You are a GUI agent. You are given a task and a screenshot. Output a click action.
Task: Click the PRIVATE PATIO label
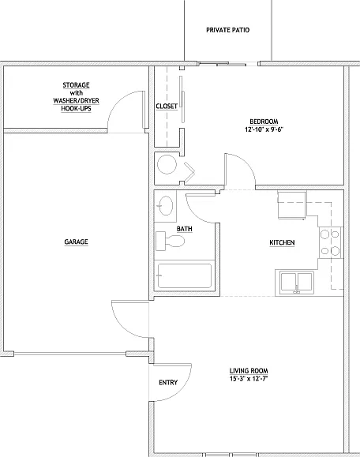pyautogui.click(x=227, y=30)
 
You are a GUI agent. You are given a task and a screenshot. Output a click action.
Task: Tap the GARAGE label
pyautogui.click(x=76, y=242)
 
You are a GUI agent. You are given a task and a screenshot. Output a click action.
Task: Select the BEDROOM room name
pyautogui.click(x=264, y=122)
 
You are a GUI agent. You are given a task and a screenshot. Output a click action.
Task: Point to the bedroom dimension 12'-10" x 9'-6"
pyautogui.click(x=264, y=129)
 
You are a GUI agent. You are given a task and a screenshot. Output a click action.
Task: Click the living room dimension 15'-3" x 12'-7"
pyautogui.click(x=249, y=379)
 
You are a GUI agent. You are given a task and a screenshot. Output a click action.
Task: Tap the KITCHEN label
pyautogui.click(x=282, y=242)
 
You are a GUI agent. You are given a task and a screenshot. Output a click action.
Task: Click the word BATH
pyautogui.click(x=184, y=229)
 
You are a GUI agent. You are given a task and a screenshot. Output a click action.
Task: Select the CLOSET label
pyautogui.click(x=167, y=107)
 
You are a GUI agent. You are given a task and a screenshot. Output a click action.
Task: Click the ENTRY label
pyautogui.click(x=168, y=382)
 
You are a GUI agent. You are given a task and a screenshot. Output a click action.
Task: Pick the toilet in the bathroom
pyautogui.click(x=170, y=241)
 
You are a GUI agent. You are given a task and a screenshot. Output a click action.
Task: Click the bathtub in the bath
pyautogui.click(x=184, y=275)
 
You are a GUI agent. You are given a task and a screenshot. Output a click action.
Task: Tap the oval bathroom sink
pyautogui.click(x=165, y=205)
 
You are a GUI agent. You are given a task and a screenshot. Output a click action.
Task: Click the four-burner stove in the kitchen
pyautogui.click(x=331, y=242)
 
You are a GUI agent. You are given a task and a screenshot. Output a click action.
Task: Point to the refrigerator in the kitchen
pyautogui.click(x=292, y=205)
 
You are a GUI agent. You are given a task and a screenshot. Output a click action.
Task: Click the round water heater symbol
pyautogui.click(x=167, y=165)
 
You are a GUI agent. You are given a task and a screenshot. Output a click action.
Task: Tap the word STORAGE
pyautogui.click(x=76, y=85)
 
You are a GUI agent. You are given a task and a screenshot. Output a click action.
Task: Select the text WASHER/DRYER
pyautogui.click(x=76, y=100)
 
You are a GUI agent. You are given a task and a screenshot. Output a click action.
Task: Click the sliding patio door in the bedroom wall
pyautogui.click(x=227, y=63)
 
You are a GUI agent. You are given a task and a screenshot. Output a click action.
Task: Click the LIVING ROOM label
pyautogui.click(x=249, y=371)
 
